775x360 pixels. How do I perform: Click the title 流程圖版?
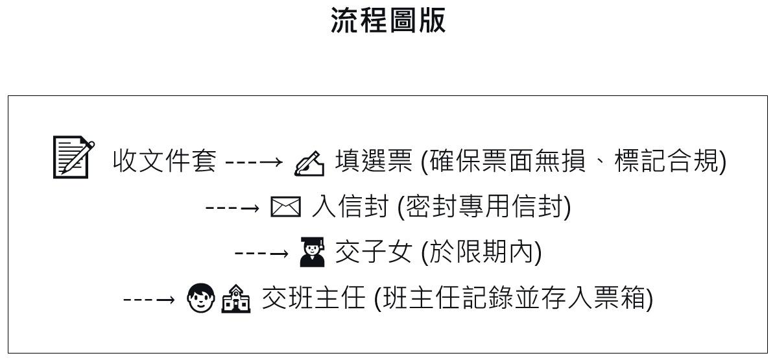[x=388, y=20]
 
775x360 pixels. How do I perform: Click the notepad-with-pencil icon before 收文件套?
[x=73, y=156]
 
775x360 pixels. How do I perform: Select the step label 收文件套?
[x=164, y=160]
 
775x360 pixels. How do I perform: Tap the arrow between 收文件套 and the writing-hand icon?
[x=254, y=161]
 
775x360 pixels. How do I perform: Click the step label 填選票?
[x=373, y=160]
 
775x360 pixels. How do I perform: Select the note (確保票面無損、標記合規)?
[x=573, y=160]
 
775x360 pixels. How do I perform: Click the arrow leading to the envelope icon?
[x=232, y=208]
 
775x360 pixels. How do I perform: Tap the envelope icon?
[x=285, y=208]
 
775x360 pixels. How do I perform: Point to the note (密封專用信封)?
[x=483, y=207]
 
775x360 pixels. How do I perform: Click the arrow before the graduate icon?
[x=261, y=253]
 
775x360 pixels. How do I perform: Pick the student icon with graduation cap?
[x=313, y=252]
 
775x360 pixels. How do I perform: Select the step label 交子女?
[x=373, y=252]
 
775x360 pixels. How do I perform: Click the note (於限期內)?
[x=481, y=252]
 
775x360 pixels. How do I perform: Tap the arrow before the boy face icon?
[x=149, y=299]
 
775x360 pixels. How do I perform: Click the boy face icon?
[x=200, y=298]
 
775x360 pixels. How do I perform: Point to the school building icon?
[x=235, y=299]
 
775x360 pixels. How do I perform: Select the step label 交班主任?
[x=313, y=298]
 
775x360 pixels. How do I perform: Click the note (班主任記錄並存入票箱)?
[x=514, y=298]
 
